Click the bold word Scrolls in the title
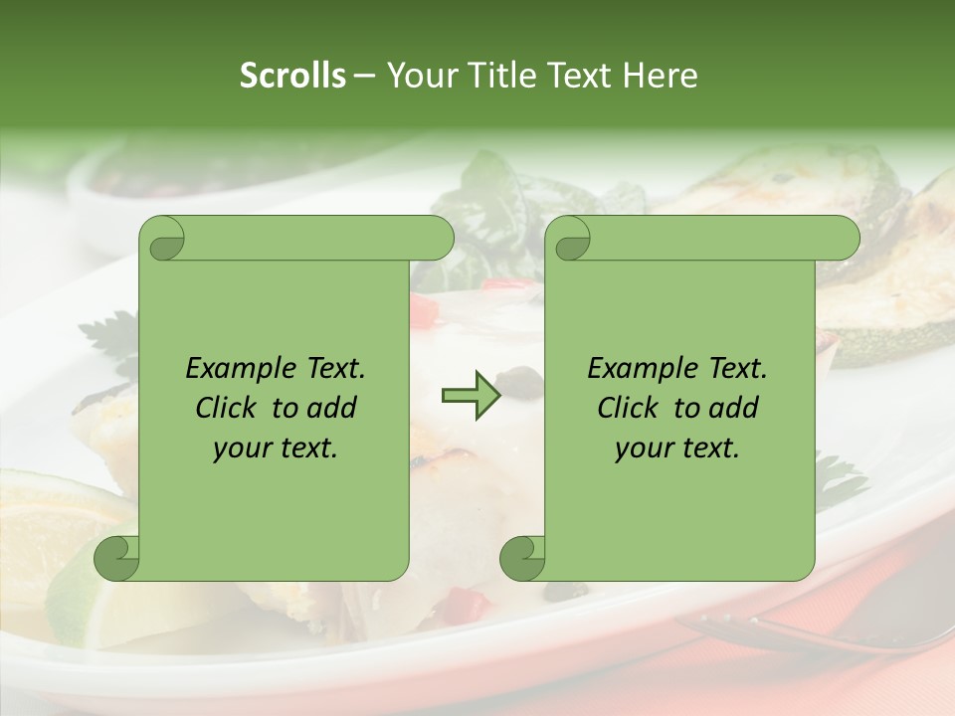292,76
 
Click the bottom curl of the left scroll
116,558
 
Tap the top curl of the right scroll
570,239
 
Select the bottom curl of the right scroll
522,558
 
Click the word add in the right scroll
735,409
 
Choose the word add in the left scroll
333,409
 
